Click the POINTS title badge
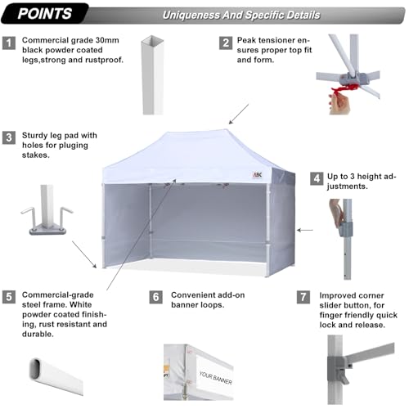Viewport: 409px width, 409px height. [x=45, y=14]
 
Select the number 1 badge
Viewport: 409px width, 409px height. [x=9, y=41]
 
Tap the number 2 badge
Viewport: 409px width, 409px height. [x=224, y=41]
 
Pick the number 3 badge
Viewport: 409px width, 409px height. [x=9, y=137]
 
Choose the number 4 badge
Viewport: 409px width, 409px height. [x=316, y=177]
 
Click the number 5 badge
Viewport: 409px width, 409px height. [x=9, y=297]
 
